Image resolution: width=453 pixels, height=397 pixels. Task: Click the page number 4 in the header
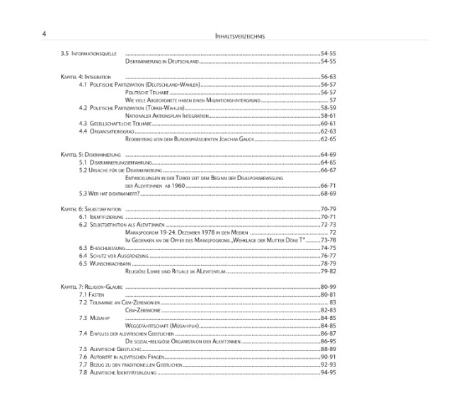coord(45,34)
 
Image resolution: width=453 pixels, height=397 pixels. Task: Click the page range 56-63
coord(328,76)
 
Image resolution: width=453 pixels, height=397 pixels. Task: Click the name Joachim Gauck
coord(237,138)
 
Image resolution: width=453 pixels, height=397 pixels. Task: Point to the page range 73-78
coord(328,240)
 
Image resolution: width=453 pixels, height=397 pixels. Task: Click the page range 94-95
coord(328,372)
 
